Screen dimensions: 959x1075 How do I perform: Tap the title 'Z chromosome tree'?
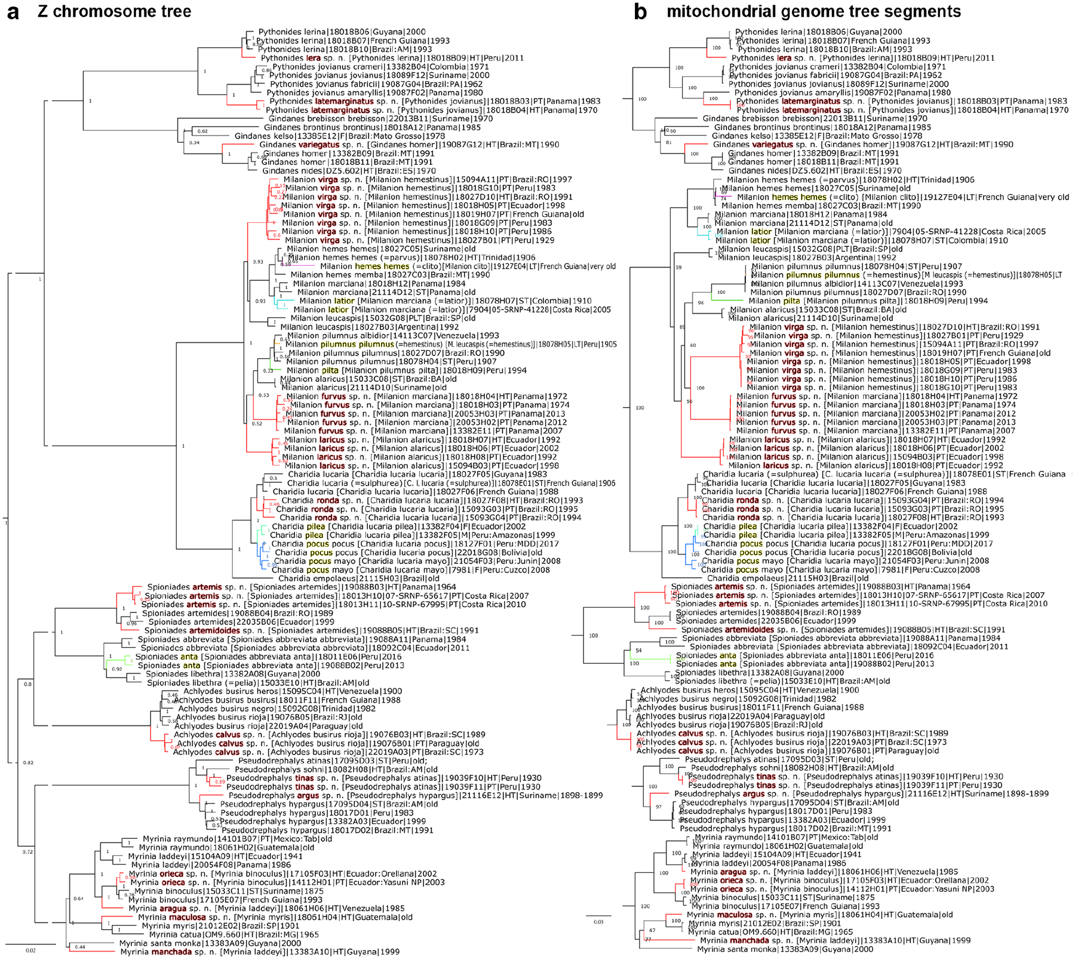pos(115,11)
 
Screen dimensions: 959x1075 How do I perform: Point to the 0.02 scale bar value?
pos(30,950)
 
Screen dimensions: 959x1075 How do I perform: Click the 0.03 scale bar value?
pos(598,922)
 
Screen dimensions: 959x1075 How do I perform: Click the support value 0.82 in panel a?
pos(28,763)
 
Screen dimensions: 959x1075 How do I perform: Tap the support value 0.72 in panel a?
pos(27,852)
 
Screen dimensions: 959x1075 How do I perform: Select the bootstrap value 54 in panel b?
pos(638,651)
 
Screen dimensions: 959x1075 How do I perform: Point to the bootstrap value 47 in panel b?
pos(652,930)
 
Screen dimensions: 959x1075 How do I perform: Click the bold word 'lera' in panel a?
pos(314,59)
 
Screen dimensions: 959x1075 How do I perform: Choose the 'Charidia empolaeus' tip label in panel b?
pos(788,578)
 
